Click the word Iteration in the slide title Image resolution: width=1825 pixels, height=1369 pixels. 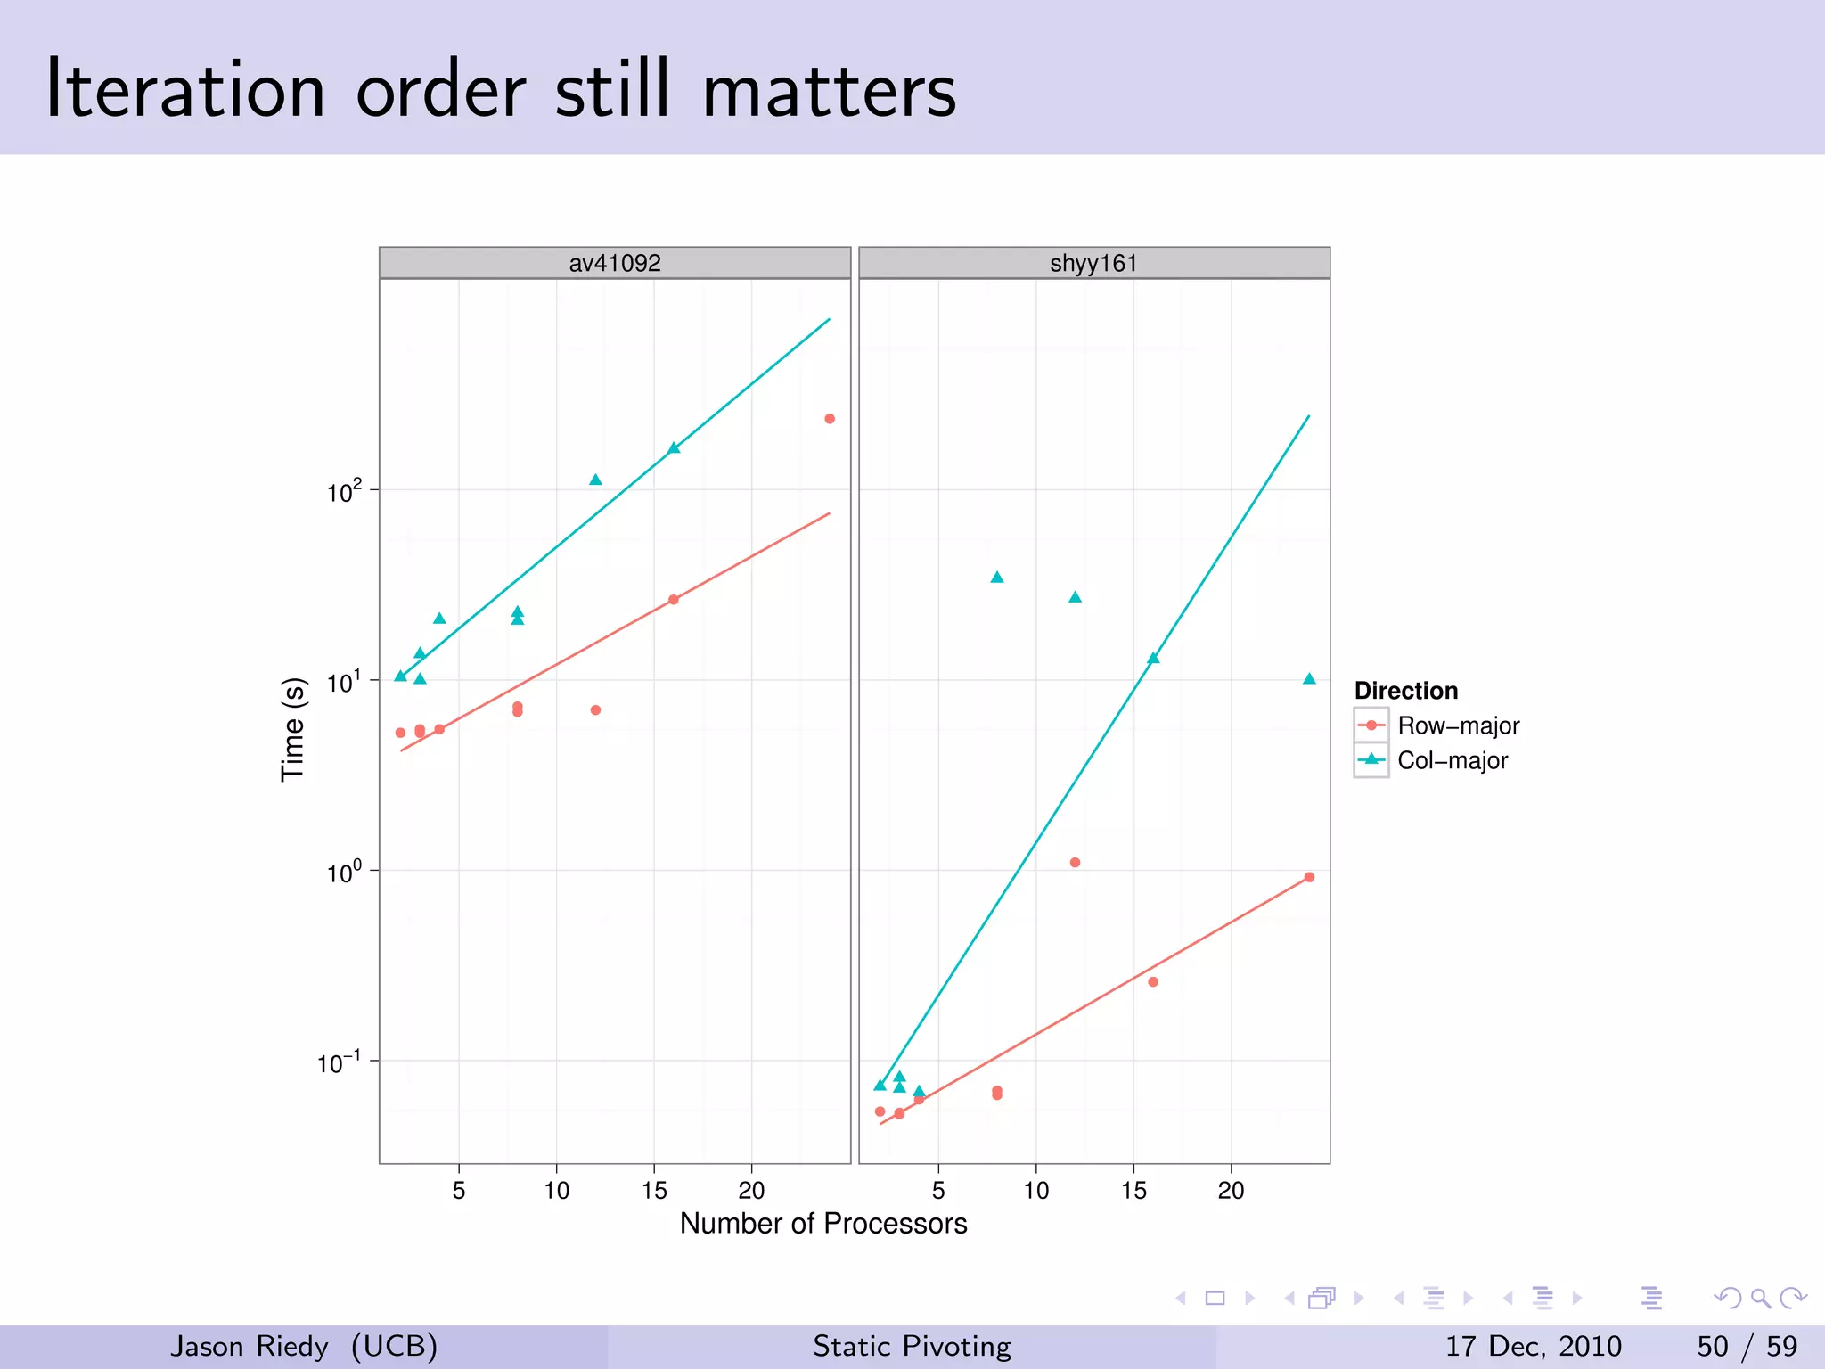(185, 90)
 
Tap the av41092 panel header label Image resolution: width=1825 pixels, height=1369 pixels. (615, 263)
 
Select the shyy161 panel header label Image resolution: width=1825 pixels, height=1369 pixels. (1093, 263)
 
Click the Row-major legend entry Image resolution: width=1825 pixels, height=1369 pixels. (1457, 725)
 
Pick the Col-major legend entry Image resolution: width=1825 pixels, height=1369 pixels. (1452, 760)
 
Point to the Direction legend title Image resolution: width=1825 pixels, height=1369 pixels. (1405, 691)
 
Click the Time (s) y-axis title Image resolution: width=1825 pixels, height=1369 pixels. (293, 729)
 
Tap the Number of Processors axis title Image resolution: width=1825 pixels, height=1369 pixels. (822, 1223)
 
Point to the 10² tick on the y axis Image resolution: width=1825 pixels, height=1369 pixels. (345, 491)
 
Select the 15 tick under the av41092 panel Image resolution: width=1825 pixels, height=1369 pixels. (654, 1190)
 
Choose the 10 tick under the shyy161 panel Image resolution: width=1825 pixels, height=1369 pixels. (1035, 1190)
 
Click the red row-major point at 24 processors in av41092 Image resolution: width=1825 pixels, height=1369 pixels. (830, 419)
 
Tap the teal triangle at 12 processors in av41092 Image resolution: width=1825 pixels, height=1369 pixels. (595, 480)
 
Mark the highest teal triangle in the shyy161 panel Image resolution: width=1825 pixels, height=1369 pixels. (997, 578)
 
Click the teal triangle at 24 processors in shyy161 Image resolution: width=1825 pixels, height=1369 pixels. (1309, 679)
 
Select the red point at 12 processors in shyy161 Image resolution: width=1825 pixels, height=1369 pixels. (1075, 863)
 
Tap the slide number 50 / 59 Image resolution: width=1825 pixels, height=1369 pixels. (1747, 1346)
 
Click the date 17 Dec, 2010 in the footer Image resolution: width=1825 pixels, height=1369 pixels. (1533, 1346)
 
